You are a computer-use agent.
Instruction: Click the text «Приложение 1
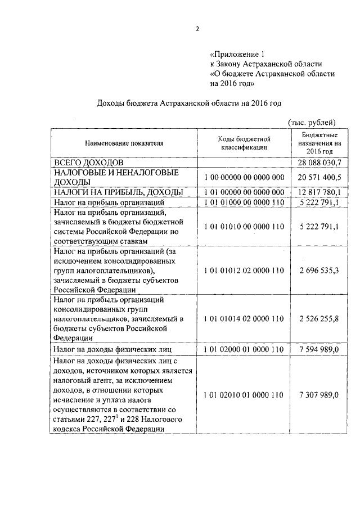pos(236,55)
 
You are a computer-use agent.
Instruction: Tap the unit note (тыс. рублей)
pos(312,122)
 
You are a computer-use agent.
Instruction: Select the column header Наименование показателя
pos(124,143)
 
